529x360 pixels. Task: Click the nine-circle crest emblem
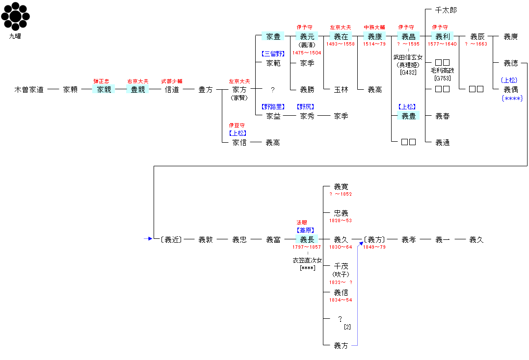pos(15,17)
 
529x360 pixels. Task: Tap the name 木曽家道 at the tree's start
pos(29,90)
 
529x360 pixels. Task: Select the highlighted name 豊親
pos(137,90)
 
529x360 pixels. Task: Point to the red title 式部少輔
pos(172,81)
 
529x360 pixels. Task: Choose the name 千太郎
pos(446,10)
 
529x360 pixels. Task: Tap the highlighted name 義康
pos(375,37)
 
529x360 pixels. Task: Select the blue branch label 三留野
pos(273,54)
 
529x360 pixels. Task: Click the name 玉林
pos(341,90)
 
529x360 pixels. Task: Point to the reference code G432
pos(408,73)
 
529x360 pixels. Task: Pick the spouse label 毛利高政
pos(443,71)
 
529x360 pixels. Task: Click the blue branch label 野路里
pos(273,107)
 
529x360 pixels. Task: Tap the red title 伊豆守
pos(239,125)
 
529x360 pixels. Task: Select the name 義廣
pos(510,37)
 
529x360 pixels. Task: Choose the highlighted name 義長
pos(307,240)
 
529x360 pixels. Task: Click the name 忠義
pos(341,213)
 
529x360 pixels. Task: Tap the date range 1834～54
pos(341,300)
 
